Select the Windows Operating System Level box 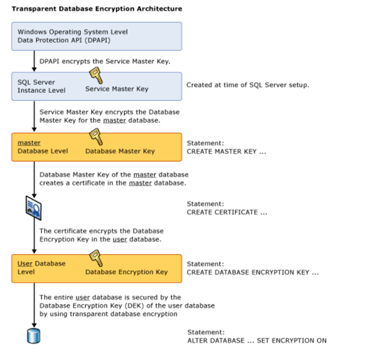click(97, 36)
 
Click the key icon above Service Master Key click(96, 77)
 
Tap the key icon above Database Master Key click(96, 137)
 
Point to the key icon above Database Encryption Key click(96, 258)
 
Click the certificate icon click(33, 207)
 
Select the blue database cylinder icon click(33, 336)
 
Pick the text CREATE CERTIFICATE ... click(227, 213)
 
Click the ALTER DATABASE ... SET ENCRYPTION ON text click(257, 341)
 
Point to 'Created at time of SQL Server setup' click(247, 84)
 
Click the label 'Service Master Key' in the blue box click(117, 89)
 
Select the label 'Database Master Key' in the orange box click(120, 151)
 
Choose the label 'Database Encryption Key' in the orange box click(126, 272)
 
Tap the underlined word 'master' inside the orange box click(29, 143)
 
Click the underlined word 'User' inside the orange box click(24, 263)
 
